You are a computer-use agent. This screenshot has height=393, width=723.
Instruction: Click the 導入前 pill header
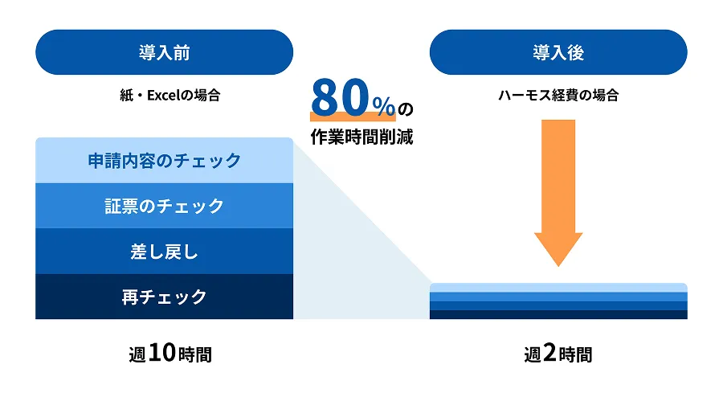164,52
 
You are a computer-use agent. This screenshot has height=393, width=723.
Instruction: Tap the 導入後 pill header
558,52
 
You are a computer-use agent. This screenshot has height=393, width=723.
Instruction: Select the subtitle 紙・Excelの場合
170,95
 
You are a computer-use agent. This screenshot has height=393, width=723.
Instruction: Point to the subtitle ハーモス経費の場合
558,95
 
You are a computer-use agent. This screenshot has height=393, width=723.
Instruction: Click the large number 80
340,97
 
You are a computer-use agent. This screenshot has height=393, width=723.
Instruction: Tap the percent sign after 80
384,106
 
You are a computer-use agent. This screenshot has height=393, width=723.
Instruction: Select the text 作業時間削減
361,137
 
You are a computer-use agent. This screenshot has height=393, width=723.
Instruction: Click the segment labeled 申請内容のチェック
164,161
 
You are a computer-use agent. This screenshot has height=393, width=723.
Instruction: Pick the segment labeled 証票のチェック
164,206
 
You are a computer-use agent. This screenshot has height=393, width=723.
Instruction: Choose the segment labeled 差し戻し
164,251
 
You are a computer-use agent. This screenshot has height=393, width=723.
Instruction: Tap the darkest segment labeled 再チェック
164,296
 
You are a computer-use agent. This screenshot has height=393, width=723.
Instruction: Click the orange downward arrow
558,193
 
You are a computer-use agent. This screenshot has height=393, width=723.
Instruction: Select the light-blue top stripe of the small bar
558,288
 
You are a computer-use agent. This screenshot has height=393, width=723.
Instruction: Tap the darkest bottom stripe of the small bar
558,314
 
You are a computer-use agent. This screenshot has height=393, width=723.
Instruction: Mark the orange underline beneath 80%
353,117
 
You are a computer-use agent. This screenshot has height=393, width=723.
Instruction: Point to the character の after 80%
406,109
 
